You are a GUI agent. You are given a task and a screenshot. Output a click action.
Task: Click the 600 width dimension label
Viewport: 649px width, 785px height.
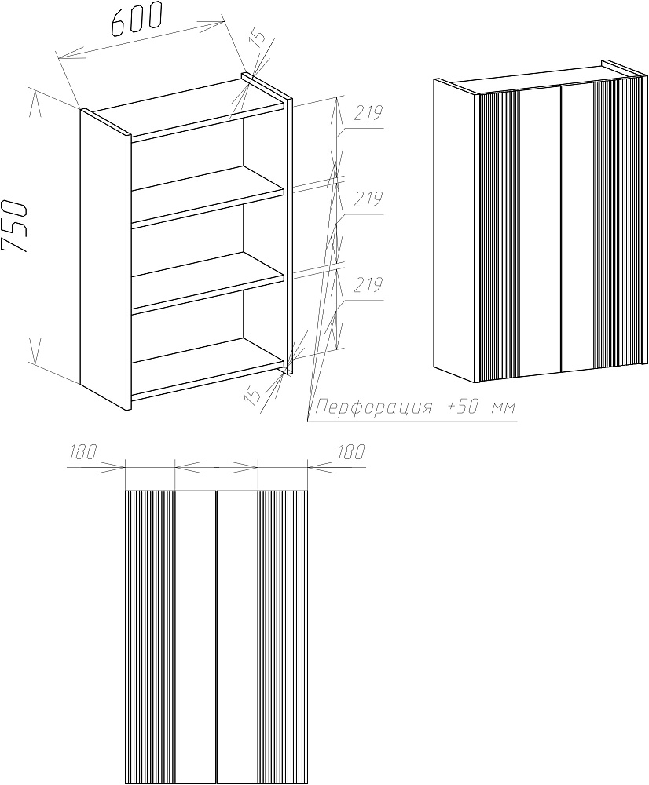click(x=137, y=20)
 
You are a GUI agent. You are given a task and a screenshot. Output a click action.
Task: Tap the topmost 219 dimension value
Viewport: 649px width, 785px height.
click(x=368, y=114)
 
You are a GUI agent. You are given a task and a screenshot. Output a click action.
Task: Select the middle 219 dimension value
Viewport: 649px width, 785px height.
click(x=368, y=200)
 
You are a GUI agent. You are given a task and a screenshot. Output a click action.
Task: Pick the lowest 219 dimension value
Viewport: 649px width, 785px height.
click(x=368, y=286)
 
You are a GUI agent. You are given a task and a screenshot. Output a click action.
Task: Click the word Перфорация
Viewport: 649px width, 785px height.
click(x=373, y=407)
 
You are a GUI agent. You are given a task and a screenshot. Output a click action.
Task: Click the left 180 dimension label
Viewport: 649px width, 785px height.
click(x=82, y=453)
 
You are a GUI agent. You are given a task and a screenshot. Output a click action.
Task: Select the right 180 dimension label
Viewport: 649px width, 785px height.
click(x=351, y=453)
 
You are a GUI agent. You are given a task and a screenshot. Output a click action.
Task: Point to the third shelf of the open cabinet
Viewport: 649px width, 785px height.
click(x=208, y=283)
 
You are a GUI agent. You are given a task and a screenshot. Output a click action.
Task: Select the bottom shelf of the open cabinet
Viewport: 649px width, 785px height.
click(x=208, y=369)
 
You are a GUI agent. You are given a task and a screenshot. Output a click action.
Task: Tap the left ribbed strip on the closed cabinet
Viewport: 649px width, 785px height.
click(x=500, y=234)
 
